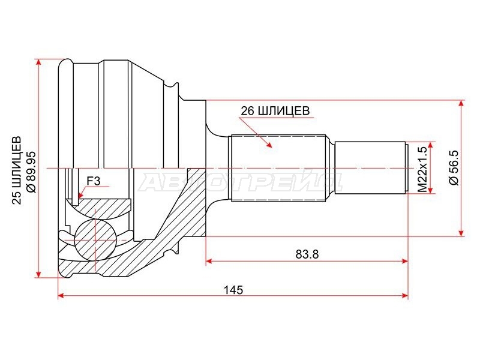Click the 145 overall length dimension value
pyautogui.click(x=233, y=290)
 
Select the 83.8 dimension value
pyautogui.click(x=307, y=254)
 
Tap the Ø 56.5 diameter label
pyautogui.click(x=454, y=168)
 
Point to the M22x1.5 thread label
pyautogui.click(x=423, y=169)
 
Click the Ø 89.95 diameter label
pyautogui.click(x=32, y=172)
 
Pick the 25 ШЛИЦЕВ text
pyautogui.click(x=17, y=170)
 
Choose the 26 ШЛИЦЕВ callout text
pyautogui.click(x=275, y=111)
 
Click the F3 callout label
pyautogui.click(x=94, y=181)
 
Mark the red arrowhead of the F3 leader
pyautogui.click(x=80, y=195)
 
